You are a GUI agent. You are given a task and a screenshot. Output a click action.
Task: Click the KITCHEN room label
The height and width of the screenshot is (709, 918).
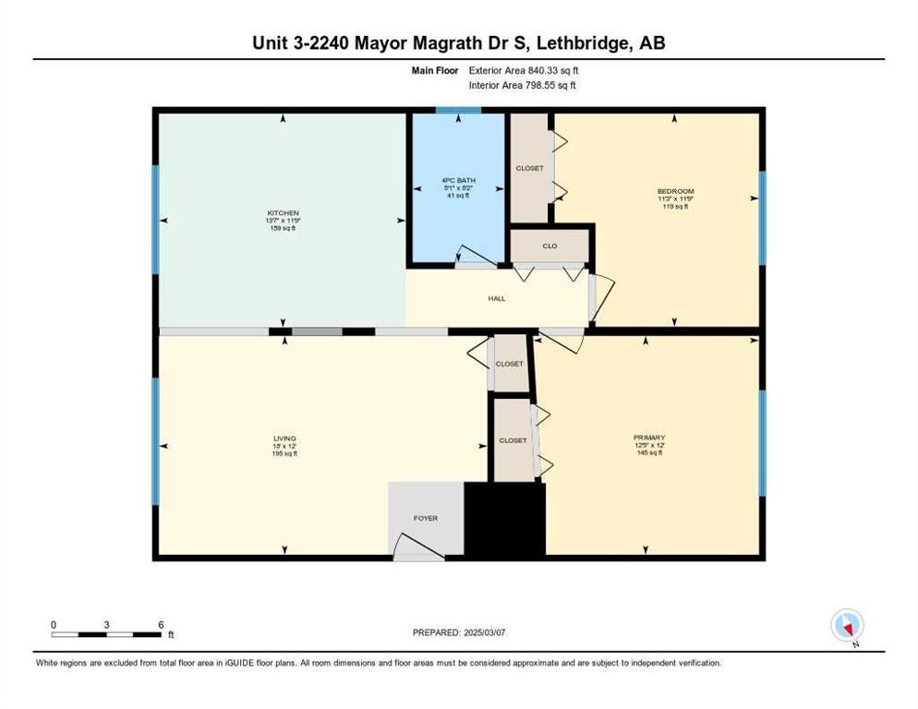click(283, 212)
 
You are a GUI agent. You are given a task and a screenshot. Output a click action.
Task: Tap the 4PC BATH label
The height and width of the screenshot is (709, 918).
click(458, 180)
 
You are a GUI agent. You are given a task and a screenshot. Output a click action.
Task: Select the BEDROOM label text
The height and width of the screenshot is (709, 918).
click(675, 191)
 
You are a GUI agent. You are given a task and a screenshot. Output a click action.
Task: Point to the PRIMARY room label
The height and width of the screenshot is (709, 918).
click(649, 438)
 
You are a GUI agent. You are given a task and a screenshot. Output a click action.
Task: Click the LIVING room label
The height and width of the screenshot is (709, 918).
click(284, 439)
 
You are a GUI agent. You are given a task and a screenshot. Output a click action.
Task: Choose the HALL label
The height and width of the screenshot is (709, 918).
click(497, 298)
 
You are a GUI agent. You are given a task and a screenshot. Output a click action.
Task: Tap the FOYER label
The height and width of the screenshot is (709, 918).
click(426, 518)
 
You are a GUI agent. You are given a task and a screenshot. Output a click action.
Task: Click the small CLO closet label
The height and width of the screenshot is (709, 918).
click(550, 246)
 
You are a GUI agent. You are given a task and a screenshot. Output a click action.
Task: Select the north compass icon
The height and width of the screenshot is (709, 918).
click(847, 625)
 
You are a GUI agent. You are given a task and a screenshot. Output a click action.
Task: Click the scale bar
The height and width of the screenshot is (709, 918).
click(106, 634)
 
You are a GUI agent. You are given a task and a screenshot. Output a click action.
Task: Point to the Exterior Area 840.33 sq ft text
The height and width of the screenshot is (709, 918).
click(524, 70)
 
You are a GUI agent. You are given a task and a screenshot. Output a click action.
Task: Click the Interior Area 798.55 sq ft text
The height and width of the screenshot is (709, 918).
click(522, 86)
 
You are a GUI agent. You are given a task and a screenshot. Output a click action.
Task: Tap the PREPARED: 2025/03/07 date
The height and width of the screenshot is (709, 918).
click(459, 632)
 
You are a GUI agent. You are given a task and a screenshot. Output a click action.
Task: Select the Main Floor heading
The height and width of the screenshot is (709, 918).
click(435, 70)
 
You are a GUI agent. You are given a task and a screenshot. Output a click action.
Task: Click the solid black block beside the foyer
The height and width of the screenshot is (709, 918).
click(504, 519)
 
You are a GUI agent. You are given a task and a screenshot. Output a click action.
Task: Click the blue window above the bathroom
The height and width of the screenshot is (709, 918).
click(458, 110)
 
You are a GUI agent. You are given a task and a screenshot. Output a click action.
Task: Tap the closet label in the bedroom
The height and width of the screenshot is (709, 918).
click(530, 168)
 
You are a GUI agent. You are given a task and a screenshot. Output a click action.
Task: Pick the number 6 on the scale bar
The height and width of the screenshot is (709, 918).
click(161, 625)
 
